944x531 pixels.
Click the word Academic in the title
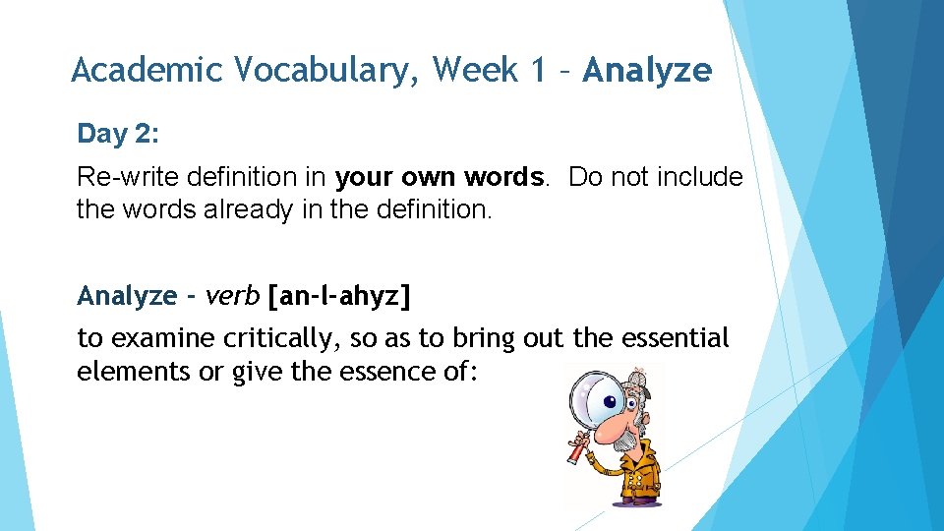[147, 70]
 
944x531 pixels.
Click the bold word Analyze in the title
[646, 70]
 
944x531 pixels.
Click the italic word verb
[233, 295]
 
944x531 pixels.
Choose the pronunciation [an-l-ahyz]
[338, 295]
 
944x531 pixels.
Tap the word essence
[379, 373]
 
